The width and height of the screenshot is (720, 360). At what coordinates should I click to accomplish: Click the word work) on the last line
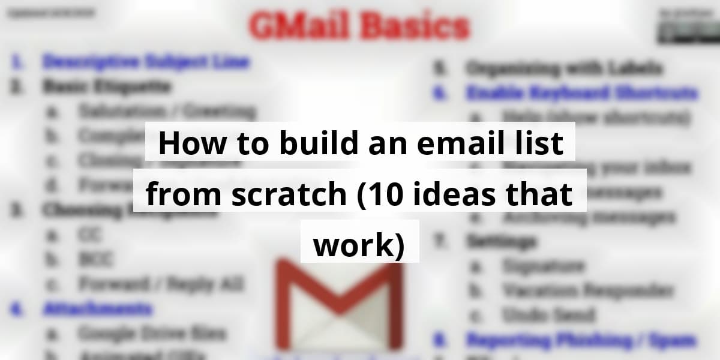coord(359,246)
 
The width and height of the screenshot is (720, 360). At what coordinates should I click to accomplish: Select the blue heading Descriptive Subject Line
coord(146,61)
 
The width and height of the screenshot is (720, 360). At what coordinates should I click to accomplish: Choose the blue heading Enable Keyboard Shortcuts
coord(581,93)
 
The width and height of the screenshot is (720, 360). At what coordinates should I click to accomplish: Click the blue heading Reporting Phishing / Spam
coord(581,340)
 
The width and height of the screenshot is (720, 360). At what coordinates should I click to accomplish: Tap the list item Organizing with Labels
coord(564,68)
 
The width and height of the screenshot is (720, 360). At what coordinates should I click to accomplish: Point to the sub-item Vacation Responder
coord(587,290)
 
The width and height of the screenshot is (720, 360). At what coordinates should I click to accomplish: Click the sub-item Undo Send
coord(548,314)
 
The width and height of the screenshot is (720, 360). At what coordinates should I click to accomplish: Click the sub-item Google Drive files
coord(151,332)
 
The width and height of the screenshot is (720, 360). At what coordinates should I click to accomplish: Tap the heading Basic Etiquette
coord(106,86)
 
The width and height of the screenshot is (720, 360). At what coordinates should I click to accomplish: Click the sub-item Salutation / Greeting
coord(166,111)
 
